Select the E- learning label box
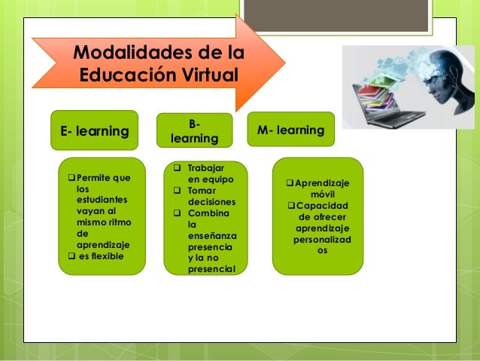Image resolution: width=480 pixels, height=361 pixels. pos(94,131)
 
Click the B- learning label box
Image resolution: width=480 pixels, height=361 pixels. pos(194,130)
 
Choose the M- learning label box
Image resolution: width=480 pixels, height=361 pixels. pos(290,130)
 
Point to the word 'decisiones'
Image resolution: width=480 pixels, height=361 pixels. pos(211,202)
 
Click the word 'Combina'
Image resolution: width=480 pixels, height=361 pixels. pos(210,213)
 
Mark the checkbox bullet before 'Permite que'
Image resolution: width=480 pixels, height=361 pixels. pos(71,178)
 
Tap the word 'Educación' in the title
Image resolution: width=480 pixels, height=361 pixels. pos(125,76)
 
